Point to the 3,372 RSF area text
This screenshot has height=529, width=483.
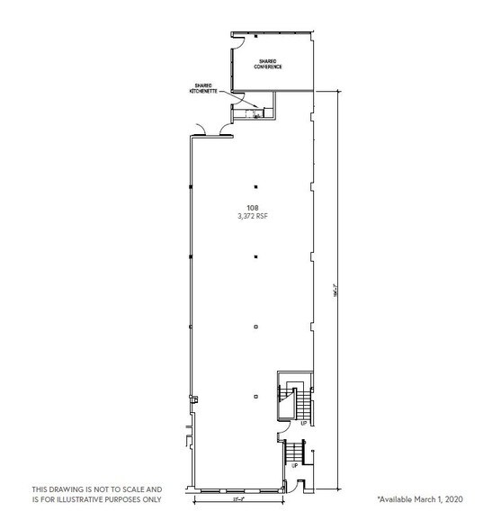(255, 216)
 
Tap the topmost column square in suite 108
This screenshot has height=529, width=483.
(256, 187)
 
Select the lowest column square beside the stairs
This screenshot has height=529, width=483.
(256, 397)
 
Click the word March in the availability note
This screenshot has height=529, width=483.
(426, 498)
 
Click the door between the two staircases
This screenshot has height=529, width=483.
(282, 432)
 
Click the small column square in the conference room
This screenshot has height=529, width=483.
(256, 35)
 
